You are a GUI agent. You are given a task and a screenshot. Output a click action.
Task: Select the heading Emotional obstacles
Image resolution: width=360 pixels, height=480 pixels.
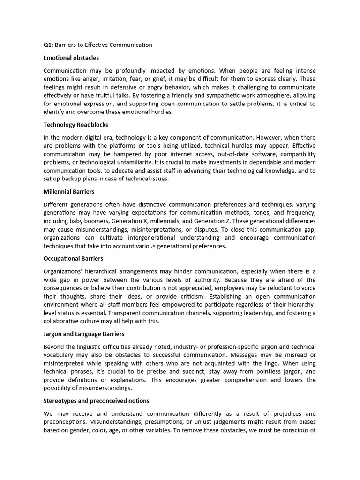(x=71, y=58)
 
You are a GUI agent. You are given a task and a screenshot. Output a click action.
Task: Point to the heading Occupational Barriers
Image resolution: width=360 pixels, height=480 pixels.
(x=74, y=258)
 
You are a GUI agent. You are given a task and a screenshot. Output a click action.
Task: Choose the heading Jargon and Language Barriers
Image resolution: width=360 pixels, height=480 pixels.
(x=84, y=334)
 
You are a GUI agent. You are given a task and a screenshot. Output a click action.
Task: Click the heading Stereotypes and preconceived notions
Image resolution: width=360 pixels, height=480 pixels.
(x=97, y=401)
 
